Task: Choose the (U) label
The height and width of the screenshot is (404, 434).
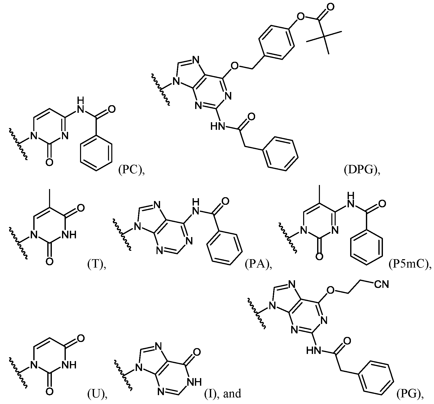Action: click(96, 394)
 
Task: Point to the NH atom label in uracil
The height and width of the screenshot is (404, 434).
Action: click(69, 365)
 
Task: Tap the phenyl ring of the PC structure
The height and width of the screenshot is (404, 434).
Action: click(96, 153)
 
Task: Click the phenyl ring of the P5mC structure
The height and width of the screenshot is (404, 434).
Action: click(366, 248)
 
